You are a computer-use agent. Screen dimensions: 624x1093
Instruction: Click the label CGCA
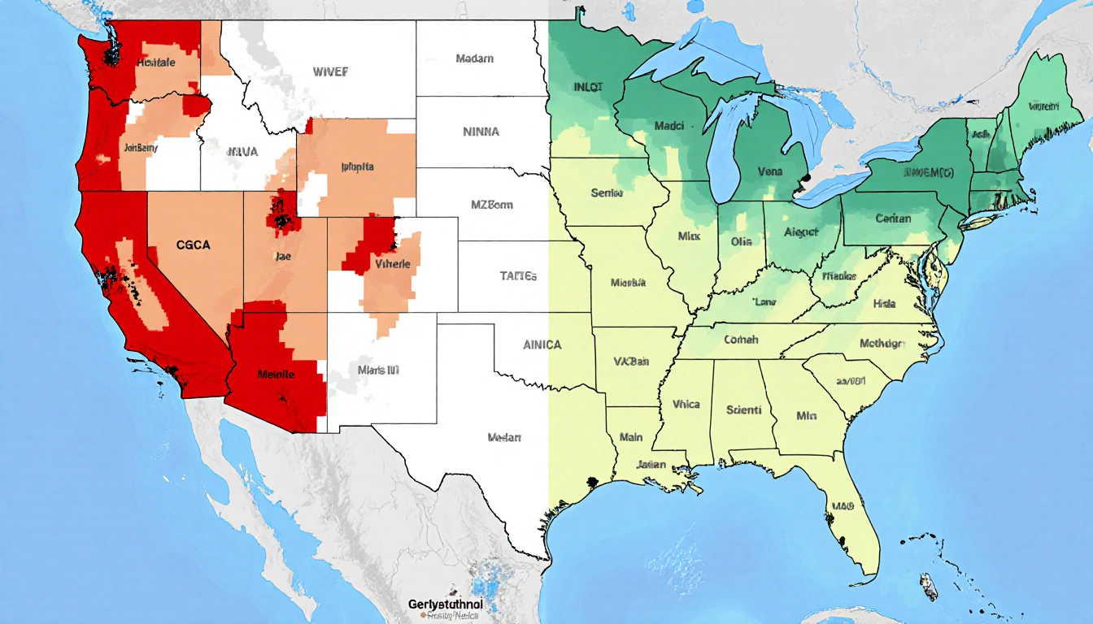point(193,244)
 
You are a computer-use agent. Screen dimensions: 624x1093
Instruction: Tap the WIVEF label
point(330,71)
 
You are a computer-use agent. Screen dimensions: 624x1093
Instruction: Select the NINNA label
point(481,131)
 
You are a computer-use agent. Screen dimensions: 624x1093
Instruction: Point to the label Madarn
point(474,59)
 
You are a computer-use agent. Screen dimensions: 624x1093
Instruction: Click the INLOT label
point(588,86)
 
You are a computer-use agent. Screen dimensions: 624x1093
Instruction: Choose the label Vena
point(770,172)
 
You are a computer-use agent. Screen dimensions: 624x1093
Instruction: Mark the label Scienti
point(743,410)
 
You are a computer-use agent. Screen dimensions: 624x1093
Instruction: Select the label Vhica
point(686,404)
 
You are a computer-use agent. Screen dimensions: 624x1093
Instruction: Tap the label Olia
point(741,241)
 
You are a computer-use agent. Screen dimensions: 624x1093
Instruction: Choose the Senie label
point(607,193)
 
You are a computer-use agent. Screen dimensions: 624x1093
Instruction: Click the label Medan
point(503,437)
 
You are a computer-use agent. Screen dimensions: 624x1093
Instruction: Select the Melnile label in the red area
point(276,374)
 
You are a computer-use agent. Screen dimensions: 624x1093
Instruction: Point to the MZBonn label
point(492,205)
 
